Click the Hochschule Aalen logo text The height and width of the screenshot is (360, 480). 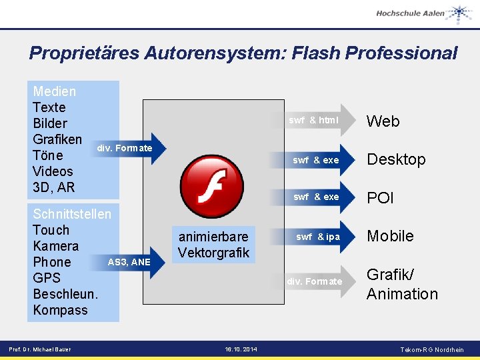point(410,13)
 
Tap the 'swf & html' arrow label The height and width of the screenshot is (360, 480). point(313,121)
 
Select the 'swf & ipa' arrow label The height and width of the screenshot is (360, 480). point(318,237)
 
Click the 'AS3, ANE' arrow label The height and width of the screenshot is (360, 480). point(129,262)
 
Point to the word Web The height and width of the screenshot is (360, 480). point(383,121)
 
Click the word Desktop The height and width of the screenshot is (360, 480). point(396,159)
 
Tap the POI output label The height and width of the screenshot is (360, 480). point(381,198)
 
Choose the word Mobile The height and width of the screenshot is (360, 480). point(390,236)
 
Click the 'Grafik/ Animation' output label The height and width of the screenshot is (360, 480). point(402,285)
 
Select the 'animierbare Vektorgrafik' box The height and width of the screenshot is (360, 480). point(213,245)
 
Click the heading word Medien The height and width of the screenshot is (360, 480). point(55,91)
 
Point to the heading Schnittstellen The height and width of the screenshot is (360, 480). point(72,214)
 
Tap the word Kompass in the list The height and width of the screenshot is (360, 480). point(60,310)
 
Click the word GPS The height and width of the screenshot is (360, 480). point(47,278)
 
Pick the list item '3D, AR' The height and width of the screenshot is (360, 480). point(54,187)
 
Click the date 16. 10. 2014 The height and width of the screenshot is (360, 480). point(241,349)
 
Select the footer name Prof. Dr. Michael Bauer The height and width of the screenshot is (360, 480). point(39,349)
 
